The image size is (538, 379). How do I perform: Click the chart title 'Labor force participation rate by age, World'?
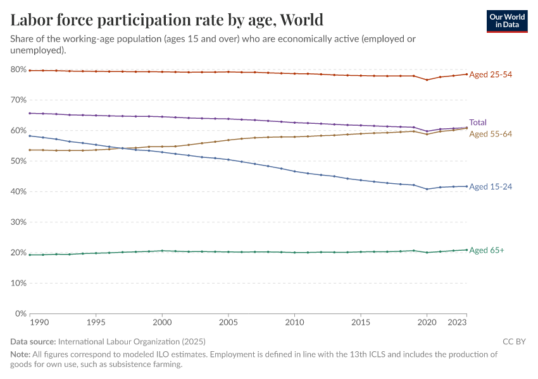click(167, 20)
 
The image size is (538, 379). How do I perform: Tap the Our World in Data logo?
click(507, 21)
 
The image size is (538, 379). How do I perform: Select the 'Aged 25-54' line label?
click(491, 75)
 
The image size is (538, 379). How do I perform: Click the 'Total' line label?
click(478, 123)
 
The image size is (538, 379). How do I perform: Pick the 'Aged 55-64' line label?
click(491, 134)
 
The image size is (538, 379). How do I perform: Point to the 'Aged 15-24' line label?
click(491, 187)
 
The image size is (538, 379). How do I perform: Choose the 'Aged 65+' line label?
click(487, 250)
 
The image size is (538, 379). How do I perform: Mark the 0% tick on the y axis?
click(20, 314)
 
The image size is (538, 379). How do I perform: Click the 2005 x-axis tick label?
click(228, 322)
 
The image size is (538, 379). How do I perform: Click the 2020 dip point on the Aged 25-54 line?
click(427, 80)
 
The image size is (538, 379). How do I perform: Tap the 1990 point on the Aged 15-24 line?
click(30, 136)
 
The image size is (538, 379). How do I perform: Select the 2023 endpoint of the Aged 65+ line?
click(467, 250)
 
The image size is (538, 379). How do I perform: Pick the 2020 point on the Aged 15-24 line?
click(427, 189)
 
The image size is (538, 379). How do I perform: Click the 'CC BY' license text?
click(514, 342)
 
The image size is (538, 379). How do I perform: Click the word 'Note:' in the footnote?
click(21, 355)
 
